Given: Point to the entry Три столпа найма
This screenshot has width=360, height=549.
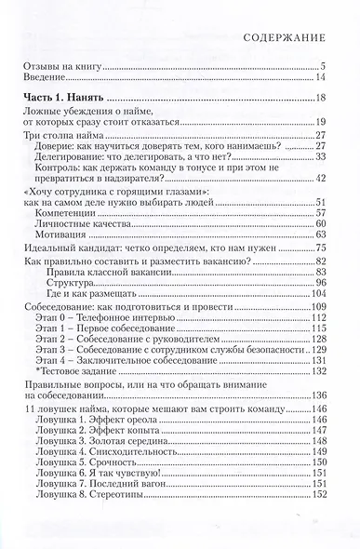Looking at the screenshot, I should pos(62,136).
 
